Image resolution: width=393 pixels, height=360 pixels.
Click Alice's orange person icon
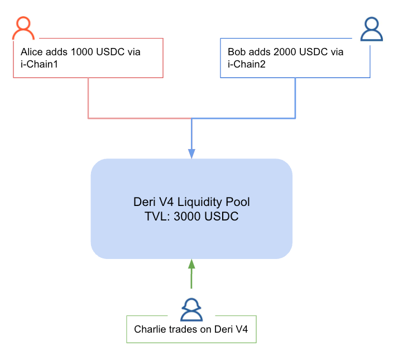click(x=23, y=28)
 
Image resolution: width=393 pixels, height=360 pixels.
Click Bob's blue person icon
click(x=371, y=30)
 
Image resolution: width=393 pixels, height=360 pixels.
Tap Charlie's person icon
click(x=191, y=309)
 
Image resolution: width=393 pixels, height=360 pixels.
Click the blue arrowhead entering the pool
click(x=191, y=153)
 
